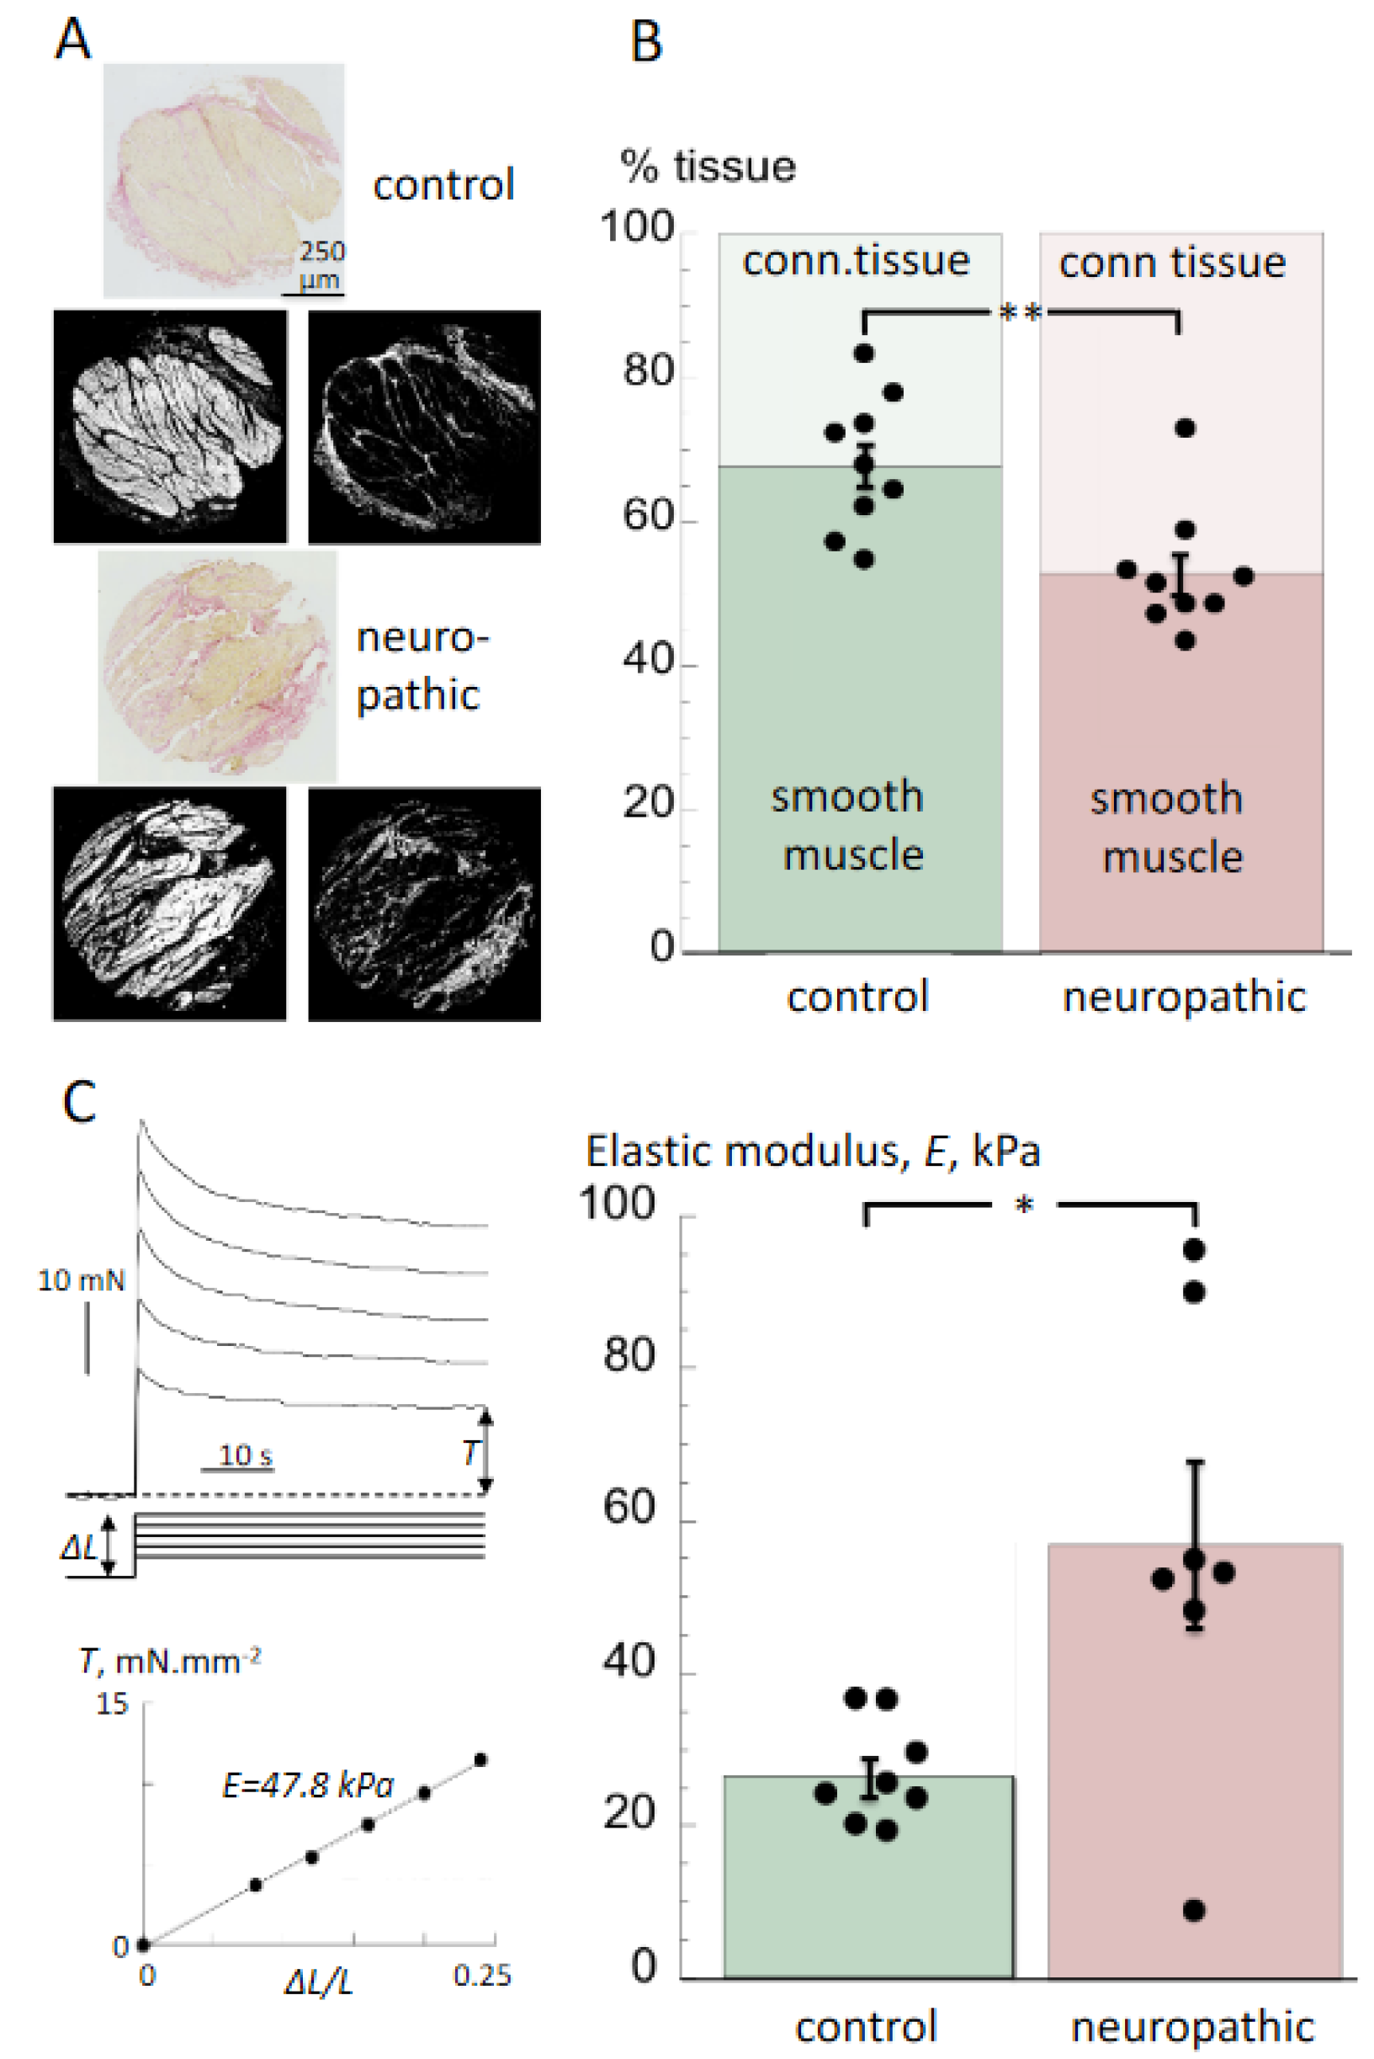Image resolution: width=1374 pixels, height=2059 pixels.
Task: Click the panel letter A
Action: pyautogui.click(x=72, y=40)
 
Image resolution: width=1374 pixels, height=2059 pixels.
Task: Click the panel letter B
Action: pyautogui.click(x=647, y=42)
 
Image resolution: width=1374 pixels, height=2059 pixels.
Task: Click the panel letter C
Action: pyautogui.click(x=79, y=1103)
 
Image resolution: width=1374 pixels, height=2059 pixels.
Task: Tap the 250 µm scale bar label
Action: pyautogui.click(x=321, y=263)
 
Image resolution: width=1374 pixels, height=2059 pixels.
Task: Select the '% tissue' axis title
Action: pyautogui.click(x=708, y=166)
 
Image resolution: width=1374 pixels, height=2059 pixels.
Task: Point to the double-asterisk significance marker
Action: pyautogui.click(x=1020, y=312)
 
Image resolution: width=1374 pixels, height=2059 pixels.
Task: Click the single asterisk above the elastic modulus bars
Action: pyautogui.click(x=1023, y=1206)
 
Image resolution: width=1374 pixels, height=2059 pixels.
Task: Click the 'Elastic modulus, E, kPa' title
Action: pyautogui.click(x=812, y=1151)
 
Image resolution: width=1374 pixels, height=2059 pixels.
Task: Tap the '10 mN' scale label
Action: pyautogui.click(x=81, y=1280)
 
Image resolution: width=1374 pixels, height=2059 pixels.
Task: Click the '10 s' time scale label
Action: pyautogui.click(x=245, y=1455)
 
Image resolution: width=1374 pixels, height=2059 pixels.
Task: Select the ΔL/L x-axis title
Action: pyautogui.click(x=318, y=1982)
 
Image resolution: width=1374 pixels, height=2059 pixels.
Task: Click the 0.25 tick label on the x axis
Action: pyautogui.click(x=482, y=1975)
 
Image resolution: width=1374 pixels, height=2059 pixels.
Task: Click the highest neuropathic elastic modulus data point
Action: pyautogui.click(x=1193, y=1249)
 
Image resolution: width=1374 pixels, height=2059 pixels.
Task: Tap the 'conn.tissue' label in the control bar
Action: pyautogui.click(x=857, y=261)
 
